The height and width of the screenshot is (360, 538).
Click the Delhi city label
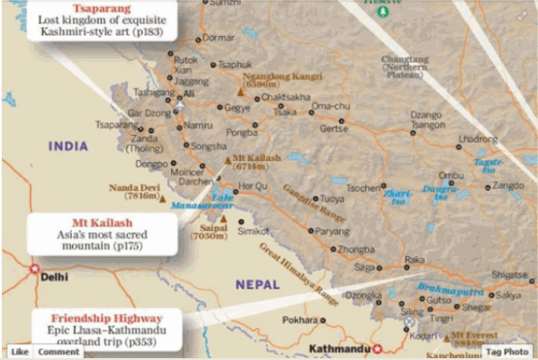click(x=54, y=277)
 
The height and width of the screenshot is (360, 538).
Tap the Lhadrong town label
click(x=477, y=139)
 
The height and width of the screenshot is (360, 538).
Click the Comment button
click(x=58, y=352)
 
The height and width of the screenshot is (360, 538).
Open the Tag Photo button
click(x=507, y=352)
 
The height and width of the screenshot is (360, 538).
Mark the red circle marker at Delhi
click(x=35, y=268)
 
